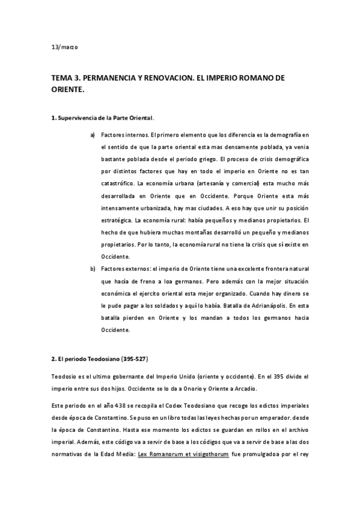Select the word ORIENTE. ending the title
(68, 89)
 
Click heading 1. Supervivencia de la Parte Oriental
(103, 118)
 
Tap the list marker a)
(93, 134)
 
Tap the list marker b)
(93, 268)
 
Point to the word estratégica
(117, 220)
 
